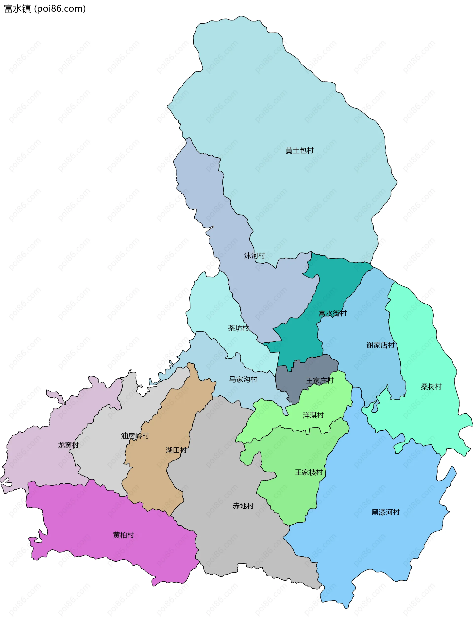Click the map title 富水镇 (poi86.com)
pos(45,9)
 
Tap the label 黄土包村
pos(299,151)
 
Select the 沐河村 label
pos(254,256)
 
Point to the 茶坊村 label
pos(238,328)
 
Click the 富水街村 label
pos(332,313)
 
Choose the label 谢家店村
pos(380,345)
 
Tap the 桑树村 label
pos(431,387)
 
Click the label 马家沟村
pos(243,379)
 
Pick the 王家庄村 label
pos(320,381)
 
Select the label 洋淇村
pos(313,415)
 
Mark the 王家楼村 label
pos(309,472)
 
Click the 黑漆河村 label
pos(386,512)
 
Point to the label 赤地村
pos(243,506)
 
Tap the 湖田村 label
pos(176,450)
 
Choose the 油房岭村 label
pos(135,436)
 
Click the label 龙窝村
pos(68,445)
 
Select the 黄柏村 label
pos(123,535)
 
